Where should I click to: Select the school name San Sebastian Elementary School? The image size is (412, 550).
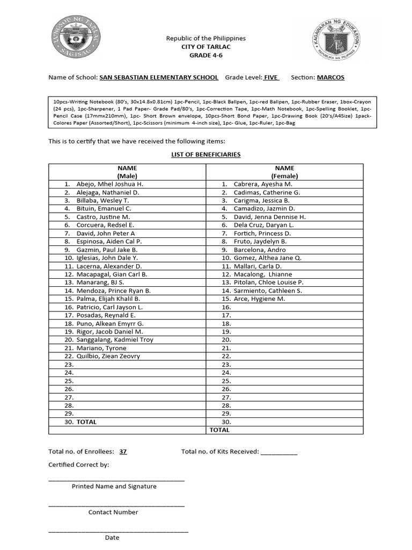[159, 77]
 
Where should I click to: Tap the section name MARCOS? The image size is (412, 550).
[330, 77]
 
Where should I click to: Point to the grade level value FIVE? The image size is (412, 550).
[271, 77]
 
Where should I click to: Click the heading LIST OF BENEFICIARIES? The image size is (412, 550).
[205, 155]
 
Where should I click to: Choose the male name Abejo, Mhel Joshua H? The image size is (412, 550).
[110, 184]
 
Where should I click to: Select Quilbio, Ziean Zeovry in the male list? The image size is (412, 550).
[108, 356]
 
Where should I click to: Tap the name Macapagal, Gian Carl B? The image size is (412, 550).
[112, 274]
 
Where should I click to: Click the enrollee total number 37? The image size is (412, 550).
[123, 452]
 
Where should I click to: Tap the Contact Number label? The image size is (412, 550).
[113, 512]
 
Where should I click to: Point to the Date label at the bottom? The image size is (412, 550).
[112, 537]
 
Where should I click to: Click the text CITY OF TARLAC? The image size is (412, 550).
[205, 47]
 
